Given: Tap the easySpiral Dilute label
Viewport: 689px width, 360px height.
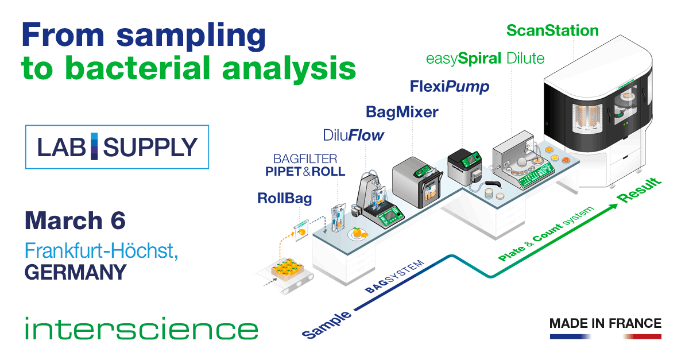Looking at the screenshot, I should [x=485, y=58].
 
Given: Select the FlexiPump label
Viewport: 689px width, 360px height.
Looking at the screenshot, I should [x=450, y=87].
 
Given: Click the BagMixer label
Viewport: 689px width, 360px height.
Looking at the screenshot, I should [x=402, y=111].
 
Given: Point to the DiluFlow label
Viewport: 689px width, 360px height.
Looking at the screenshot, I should [x=353, y=136].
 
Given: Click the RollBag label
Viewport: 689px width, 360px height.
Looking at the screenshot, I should [x=285, y=199].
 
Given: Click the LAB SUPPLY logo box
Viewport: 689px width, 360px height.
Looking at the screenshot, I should [x=117, y=147].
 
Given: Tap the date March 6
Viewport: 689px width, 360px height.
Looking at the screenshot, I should [x=75, y=221].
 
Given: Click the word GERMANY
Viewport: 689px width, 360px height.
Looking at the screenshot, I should [x=75, y=272].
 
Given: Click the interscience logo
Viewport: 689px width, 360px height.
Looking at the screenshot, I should [x=141, y=330].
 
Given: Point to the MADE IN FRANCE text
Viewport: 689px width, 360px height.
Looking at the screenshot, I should [x=605, y=323].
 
